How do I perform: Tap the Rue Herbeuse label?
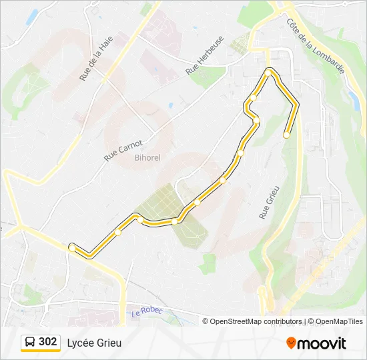click(204, 55)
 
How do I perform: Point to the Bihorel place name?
click(147, 157)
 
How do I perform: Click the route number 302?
click(47, 342)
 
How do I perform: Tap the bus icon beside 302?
click(30, 342)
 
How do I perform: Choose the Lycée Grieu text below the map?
click(94, 343)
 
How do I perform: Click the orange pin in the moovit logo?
click(292, 343)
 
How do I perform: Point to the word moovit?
click(322, 343)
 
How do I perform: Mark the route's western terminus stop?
click(71, 247)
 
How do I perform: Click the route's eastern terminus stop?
click(286, 135)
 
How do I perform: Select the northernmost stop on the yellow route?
click(269, 70)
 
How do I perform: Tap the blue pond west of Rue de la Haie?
click(31, 16)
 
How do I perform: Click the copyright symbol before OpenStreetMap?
click(206, 321)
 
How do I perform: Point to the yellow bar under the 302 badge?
click(40, 351)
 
